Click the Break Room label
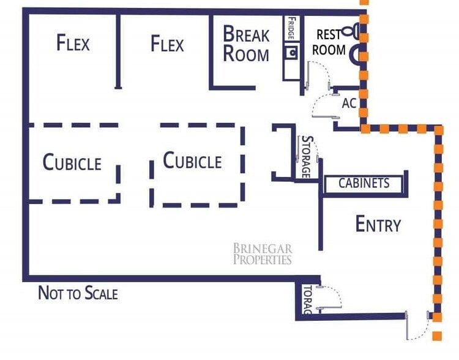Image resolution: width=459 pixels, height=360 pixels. pyautogui.click(x=246, y=43)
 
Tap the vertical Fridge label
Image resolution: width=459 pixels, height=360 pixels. pyautogui.click(x=291, y=28)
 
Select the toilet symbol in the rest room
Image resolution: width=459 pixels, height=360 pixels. pyautogui.click(x=351, y=31)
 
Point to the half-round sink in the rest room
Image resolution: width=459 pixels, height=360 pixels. pyautogui.click(x=355, y=54)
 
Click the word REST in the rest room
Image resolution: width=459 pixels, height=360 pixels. pyautogui.click(x=329, y=34)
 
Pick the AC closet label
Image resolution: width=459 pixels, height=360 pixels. pyautogui.click(x=349, y=103)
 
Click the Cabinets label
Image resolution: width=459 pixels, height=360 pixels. pyautogui.click(x=364, y=184)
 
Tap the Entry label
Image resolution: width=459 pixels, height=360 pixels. pyautogui.click(x=378, y=224)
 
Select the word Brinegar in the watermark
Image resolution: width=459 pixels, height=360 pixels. pyautogui.click(x=263, y=249)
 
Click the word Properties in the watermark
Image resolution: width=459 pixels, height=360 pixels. pyautogui.click(x=263, y=260)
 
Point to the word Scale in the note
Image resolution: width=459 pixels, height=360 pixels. pyautogui.click(x=101, y=293)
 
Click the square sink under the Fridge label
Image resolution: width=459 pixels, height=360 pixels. pyautogui.click(x=291, y=53)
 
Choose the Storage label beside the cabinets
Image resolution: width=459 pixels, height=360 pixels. pyautogui.click(x=307, y=157)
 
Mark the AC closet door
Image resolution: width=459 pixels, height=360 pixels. pyautogui.click(x=326, y=117)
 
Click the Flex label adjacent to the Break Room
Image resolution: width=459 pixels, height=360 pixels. pyautogui.click(x=167, y=43)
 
